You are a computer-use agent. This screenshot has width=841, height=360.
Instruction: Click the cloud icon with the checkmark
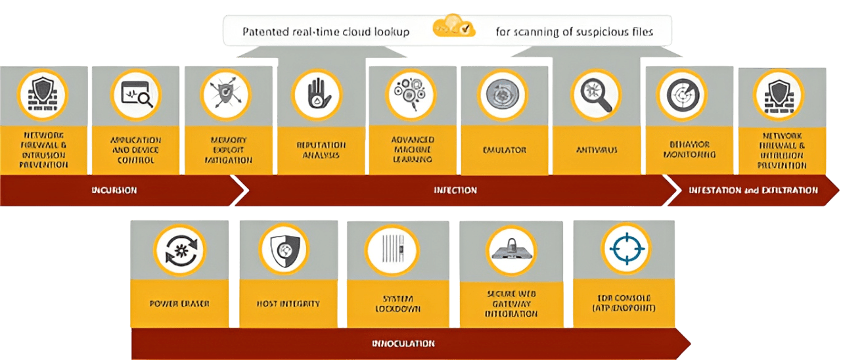[x=454, y=27]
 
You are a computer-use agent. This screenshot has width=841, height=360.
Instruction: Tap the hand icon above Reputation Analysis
[x=317, y=95]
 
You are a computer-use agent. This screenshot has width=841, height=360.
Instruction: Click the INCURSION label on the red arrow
[x=114, y=191]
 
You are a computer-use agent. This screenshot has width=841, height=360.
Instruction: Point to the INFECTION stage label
[x=455, y=191]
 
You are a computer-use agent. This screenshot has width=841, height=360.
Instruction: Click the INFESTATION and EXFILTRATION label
[x=753, y=191]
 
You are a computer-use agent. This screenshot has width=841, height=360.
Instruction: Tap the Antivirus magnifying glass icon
[x=596, y=95]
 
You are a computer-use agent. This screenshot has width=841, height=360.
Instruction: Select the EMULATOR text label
[x=504, y=150]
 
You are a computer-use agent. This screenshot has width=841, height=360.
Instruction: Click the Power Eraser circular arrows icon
[x=179, y=250]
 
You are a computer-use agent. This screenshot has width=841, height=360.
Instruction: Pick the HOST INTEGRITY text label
[x=288, y=304]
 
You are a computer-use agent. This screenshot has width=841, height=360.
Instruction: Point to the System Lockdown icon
[x=392, y=250]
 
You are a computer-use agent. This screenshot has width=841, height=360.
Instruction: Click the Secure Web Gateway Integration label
[x=512, y=304]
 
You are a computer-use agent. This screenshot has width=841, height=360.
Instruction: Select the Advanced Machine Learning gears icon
[x=411, y=95]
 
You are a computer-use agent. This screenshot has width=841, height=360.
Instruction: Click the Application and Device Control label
[x=135, y=150]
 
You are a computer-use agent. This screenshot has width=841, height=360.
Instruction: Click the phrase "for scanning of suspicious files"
[x=574, y=32]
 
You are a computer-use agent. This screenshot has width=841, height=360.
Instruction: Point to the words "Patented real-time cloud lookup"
[x=326, y=32]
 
